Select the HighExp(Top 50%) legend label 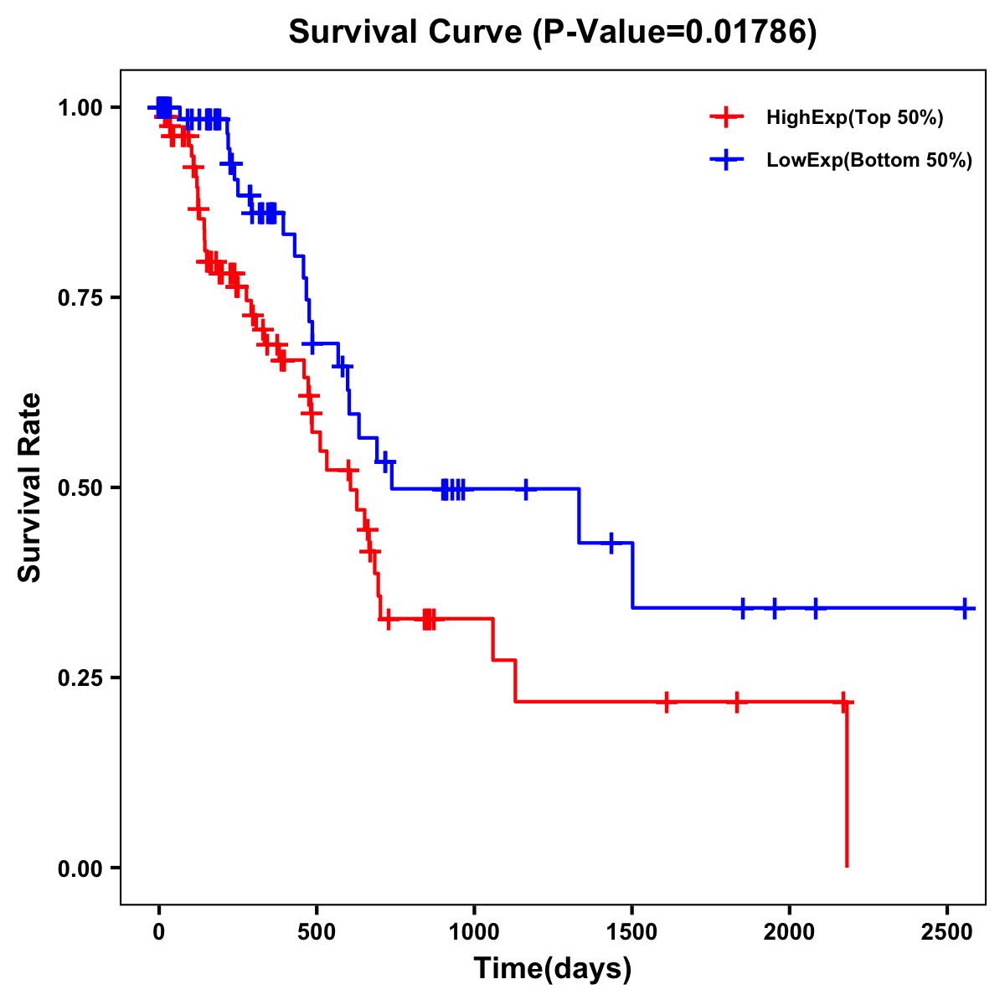854,118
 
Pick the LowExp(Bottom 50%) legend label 869,161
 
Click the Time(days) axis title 552,969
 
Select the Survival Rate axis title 30,487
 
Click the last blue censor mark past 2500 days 965,608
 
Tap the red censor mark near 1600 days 667,702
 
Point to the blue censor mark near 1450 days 611,543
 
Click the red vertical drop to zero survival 847,787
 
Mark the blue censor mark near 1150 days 526,488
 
